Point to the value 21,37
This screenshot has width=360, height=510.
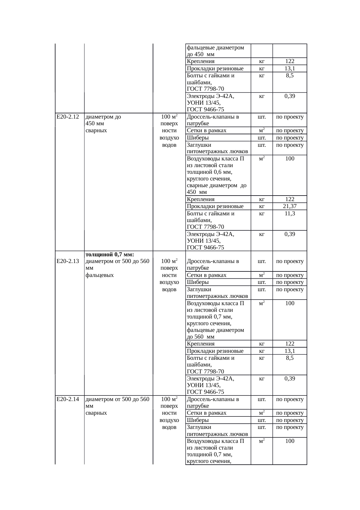[x=290, y=206]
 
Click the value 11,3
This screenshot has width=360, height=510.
[x=290, y=214]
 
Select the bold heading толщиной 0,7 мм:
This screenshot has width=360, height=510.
[x=110, y=255]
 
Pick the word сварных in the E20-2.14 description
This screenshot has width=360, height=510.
[x=96, y=413]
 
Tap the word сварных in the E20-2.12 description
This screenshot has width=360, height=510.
[x=96, y=130]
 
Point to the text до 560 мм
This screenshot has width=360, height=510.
[x=201, y=337]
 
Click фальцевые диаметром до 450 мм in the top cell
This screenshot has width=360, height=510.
[x=215, y=51]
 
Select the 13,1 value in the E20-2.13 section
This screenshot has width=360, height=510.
[x=290, y=351]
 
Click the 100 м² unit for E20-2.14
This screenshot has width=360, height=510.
[x=169, y=399]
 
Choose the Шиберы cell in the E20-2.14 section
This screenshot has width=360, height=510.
[x=198, y=420]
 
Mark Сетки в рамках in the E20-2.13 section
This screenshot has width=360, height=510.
[x=206, y=275]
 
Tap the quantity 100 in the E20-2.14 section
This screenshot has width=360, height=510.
[x=290, y=441]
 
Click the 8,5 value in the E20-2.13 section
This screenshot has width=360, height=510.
[x=290, y=358]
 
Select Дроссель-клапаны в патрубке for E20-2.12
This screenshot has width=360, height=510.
[x=213, y=120]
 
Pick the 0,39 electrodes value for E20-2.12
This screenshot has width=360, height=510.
[x=290, y=234]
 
